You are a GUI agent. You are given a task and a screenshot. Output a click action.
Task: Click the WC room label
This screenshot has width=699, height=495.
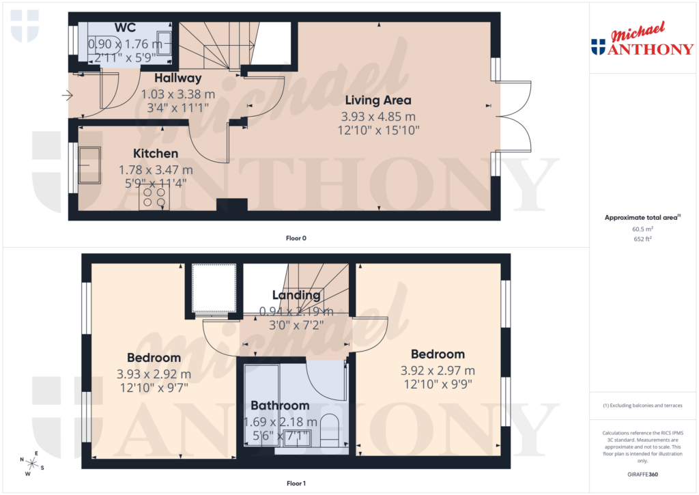click(124, 28)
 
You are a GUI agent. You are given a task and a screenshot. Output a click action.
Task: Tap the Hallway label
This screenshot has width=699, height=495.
click(177, 79)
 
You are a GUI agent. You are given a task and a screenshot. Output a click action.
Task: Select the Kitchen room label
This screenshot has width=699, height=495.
click(156, 154)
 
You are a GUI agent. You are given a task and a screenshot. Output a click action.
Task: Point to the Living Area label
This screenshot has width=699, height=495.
click(378, 100)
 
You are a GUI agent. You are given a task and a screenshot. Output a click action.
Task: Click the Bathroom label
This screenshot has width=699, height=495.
click(280, 406)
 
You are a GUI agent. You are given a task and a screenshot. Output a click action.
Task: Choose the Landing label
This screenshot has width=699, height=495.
click(296, 295)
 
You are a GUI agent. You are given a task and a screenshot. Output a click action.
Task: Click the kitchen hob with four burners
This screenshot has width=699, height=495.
click(154, 198)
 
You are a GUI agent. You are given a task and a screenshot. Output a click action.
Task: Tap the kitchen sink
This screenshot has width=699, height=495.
click(89, 165)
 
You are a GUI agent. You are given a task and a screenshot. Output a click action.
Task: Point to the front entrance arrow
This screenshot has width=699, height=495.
click(67, 96)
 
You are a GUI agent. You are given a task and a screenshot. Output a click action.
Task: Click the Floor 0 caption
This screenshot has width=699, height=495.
click(296, 238)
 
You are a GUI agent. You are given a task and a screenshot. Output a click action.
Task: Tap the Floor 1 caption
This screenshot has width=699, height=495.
click(296, 483)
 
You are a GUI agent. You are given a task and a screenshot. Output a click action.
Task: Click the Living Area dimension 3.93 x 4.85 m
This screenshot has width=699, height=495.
click(378, 116)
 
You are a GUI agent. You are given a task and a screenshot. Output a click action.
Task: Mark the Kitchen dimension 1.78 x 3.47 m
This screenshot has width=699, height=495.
click(156, 169)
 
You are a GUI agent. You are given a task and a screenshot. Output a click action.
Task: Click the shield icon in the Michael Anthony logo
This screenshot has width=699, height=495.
click(598, 46)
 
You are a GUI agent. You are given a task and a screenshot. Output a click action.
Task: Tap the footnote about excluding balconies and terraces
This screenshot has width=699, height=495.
click(643, 406)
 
